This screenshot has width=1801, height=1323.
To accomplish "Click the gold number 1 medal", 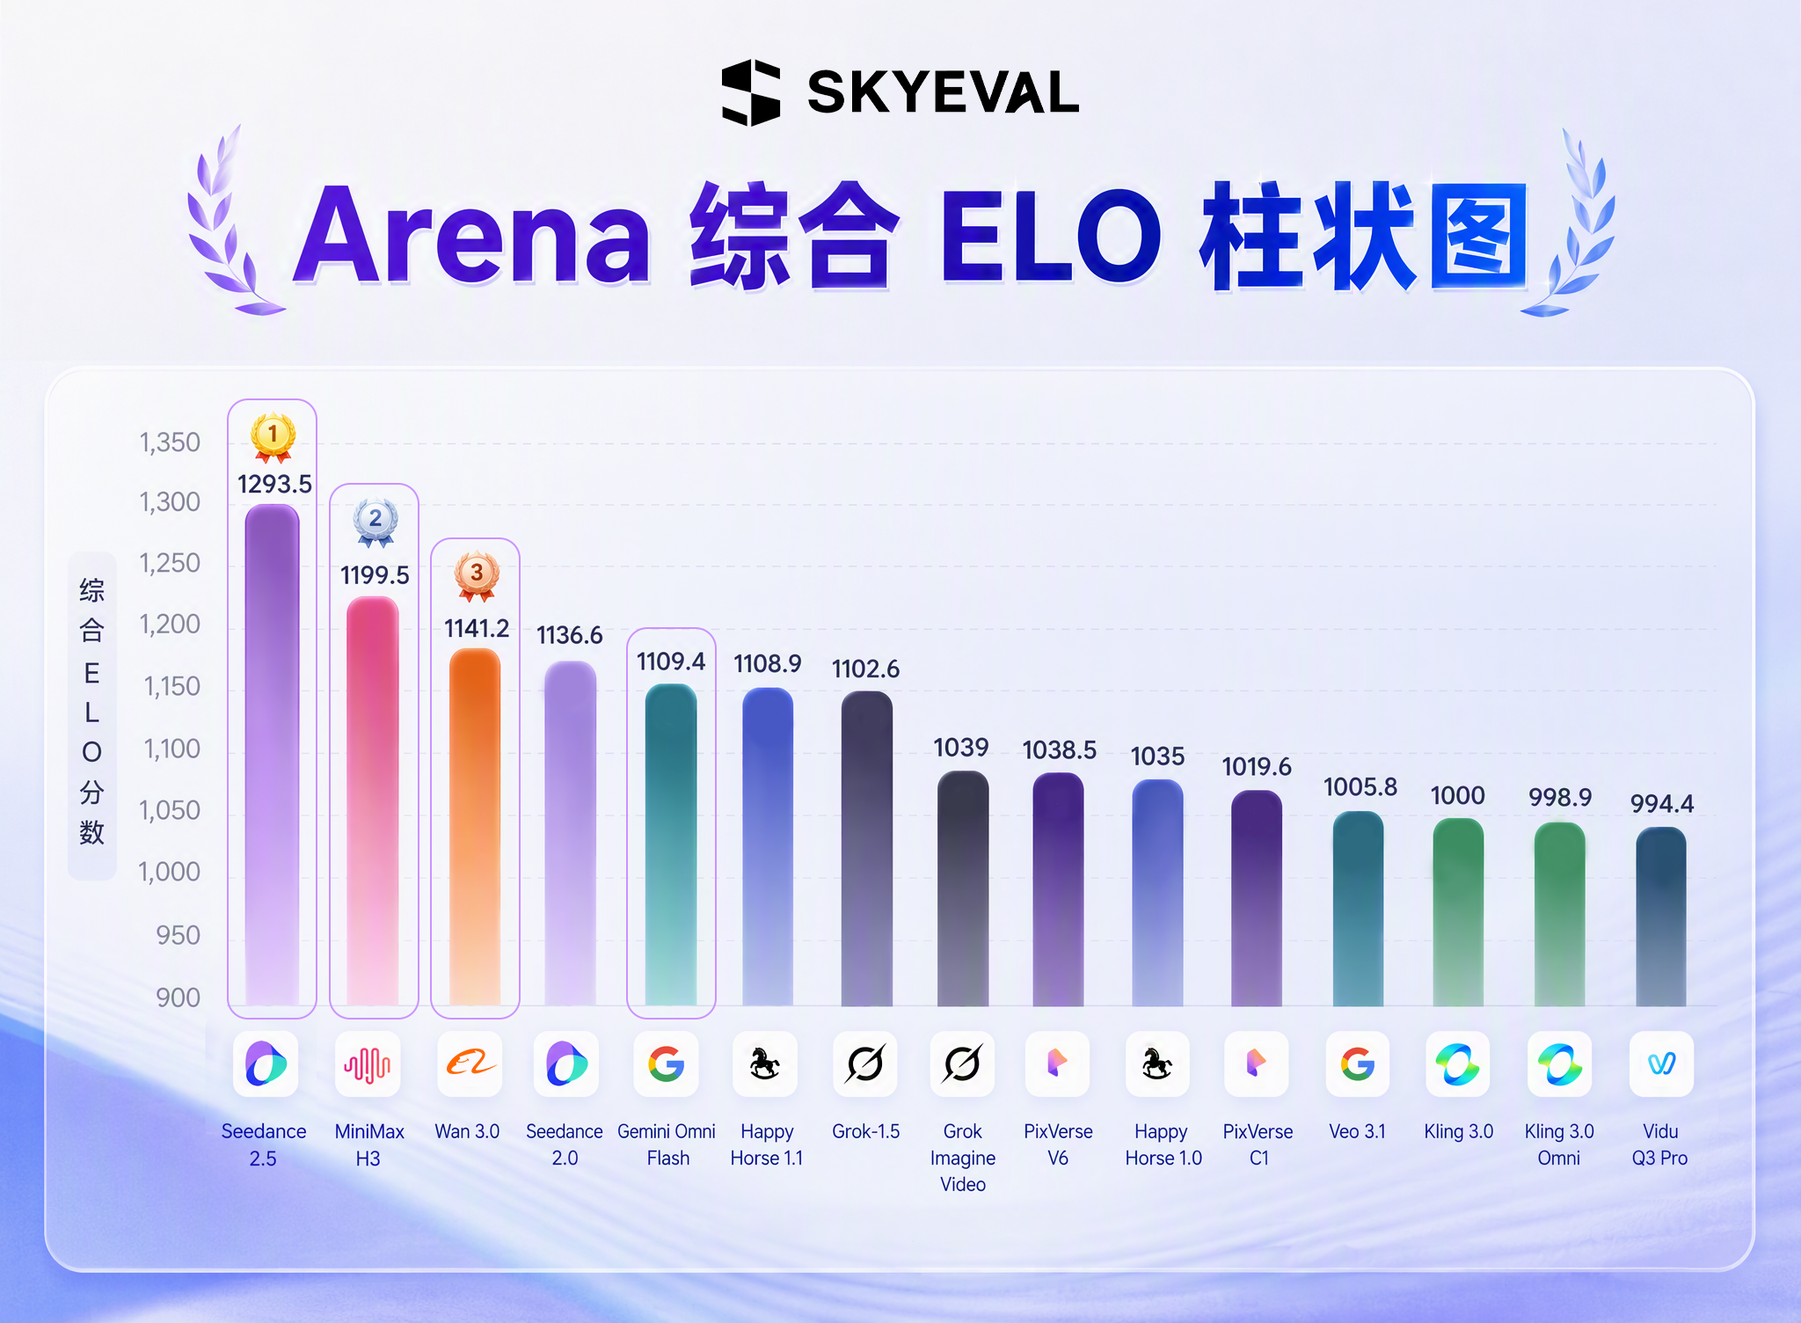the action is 273,437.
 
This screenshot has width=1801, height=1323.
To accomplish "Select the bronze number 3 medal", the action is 477,577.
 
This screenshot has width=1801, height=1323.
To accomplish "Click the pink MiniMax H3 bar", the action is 373,800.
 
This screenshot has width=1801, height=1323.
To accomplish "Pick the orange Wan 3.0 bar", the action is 475,827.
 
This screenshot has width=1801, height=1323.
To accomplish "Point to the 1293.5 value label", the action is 274,484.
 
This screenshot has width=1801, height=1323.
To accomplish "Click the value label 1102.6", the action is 865,669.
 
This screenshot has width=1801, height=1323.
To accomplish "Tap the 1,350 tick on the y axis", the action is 170,442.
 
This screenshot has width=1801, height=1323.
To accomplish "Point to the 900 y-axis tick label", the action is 179,998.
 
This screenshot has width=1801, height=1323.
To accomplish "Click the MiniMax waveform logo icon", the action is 368,1064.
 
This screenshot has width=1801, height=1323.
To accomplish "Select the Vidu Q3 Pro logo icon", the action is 1661,1064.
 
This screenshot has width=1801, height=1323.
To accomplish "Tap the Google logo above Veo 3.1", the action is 1358,1064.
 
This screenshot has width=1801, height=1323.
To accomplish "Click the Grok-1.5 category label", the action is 866,1131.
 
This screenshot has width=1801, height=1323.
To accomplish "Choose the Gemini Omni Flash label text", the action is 667,1144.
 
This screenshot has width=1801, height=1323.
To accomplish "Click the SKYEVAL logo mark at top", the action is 751,92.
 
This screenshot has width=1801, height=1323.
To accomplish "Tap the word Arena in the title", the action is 473,235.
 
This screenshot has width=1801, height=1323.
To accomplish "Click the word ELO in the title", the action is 1050,236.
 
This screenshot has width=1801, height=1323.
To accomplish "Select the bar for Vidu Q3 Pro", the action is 1661,917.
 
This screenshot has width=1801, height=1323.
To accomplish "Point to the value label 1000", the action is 1458,796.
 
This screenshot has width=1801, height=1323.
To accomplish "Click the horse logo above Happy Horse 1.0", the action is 1157,1064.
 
